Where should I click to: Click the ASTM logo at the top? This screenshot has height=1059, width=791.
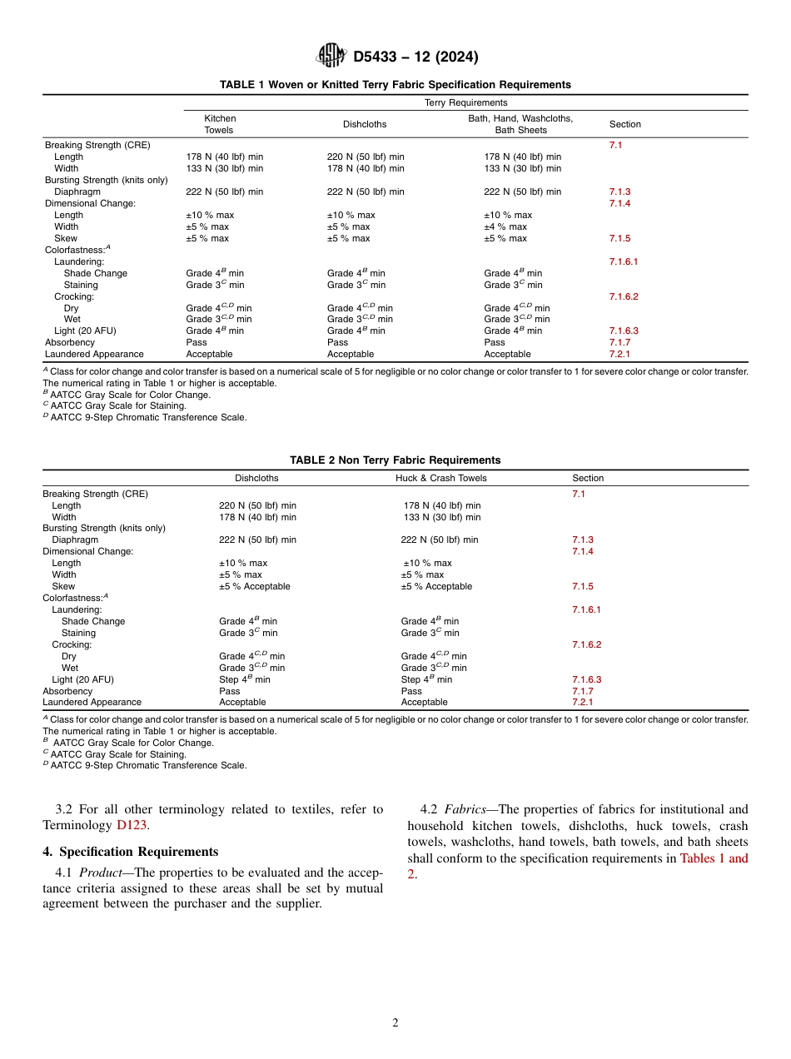coord(331,57)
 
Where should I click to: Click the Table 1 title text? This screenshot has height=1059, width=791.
coord(395,85)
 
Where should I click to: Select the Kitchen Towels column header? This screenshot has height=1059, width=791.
coord(220,124)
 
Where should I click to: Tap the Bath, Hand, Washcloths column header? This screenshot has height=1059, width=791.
coord(520,124)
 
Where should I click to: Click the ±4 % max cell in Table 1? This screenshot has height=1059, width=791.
coord(505,226)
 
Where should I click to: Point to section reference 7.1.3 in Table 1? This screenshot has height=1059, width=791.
coord(619,191)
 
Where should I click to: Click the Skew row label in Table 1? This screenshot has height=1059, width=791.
coord(66,238)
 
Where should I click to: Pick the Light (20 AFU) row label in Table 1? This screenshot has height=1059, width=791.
coord(85,331)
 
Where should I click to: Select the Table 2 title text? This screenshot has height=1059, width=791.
coord(395,460)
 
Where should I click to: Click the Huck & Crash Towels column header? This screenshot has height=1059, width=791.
coord(440,478)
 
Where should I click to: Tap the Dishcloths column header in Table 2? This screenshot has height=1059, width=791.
coord(256,478)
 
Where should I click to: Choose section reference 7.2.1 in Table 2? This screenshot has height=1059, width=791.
coord(582,702)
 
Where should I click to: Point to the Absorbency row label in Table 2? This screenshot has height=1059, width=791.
coord(67,691)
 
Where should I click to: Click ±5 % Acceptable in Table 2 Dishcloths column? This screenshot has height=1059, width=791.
coord(254,586)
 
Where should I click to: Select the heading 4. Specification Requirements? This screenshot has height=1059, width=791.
coord(130,852)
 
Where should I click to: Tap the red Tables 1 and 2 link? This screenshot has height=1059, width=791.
coord(714,858)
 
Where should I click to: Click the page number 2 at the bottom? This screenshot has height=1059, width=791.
coord(395,1023)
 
